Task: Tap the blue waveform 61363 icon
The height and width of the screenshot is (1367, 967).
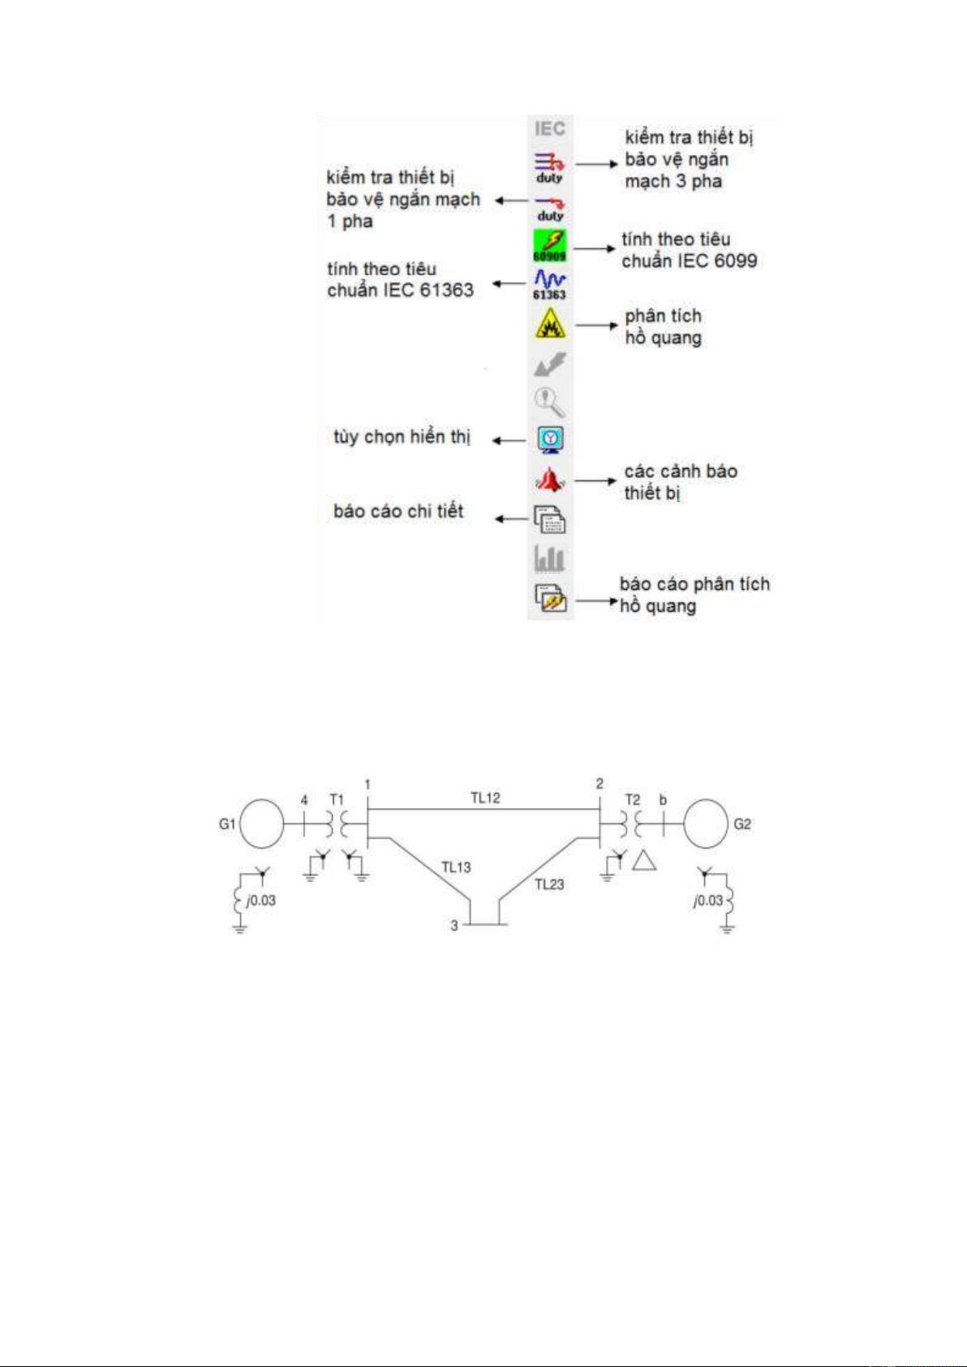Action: [x=549, y=285]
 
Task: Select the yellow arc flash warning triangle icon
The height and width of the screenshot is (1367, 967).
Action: [x=549, y=325]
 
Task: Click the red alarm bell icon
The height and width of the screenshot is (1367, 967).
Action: [x=549, y=480]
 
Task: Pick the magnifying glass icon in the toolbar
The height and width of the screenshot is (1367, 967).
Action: [x=549, y=402]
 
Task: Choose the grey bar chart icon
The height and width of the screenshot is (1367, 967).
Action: [x=549, y=559]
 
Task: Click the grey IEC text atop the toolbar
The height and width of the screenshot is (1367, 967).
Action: [x=549, y=128]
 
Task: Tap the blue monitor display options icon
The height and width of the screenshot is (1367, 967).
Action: [x=550, y=440]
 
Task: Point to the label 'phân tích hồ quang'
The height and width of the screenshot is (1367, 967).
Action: [x=663, y=326]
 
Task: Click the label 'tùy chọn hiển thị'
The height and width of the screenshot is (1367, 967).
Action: [x=402, y=437]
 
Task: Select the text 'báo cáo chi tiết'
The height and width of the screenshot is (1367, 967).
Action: [x=398, y=511]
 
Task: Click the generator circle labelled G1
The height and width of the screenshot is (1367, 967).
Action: [x=260, y=824]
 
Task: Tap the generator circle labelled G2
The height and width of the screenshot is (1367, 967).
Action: [x=706, y=824]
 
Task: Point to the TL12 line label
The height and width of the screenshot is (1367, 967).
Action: [x=485, y=798]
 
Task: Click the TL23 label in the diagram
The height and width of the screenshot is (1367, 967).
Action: [x=549, y=884]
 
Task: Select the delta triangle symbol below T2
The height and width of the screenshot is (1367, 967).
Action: [x=644, y=861]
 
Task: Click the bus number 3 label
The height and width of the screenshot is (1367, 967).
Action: [x=454, y=926]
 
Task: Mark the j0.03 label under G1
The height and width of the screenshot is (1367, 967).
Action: [x=260, y=901]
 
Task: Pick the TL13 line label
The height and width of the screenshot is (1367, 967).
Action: [x=456, y=867]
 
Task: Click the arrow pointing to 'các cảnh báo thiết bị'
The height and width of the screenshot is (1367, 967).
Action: [x=595, y=481]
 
